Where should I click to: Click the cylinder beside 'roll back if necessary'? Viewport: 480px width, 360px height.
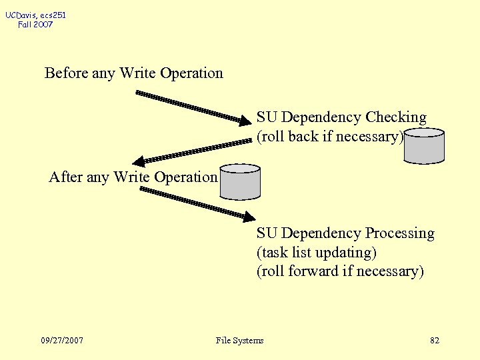click(424, 146)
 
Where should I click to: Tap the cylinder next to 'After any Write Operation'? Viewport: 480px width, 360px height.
click(240, 182)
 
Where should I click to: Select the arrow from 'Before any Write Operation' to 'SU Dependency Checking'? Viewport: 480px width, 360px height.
click(193, 107)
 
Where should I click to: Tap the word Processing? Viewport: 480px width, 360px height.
click(399, 233)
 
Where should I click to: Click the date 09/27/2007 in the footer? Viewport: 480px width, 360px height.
click(62, 341)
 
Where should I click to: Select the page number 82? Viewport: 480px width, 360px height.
click(435, 341)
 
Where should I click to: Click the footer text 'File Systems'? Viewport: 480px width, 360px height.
click(240, 341)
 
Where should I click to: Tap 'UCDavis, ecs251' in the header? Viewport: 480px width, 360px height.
click(36, 15)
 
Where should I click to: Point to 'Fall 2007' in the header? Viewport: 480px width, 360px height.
click(36, 25)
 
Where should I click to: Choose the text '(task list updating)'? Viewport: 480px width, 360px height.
click(317, 253)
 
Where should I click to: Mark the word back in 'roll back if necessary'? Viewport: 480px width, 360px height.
click(301, 137)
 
